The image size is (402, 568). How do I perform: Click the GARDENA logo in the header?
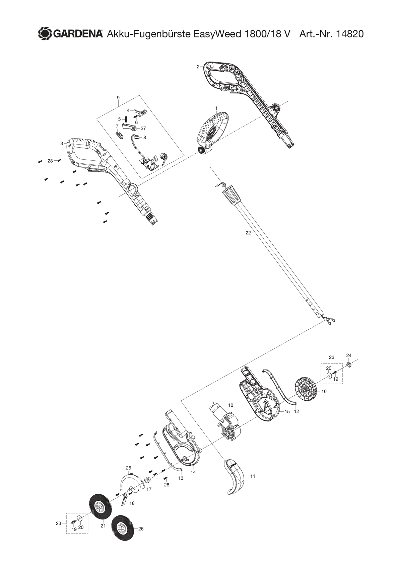(x=70, y=34)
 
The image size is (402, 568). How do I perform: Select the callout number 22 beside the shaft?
(x=248, y=233)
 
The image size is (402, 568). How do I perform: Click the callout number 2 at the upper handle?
(x=198, y=67)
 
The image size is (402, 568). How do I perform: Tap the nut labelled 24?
(x=348, y=364)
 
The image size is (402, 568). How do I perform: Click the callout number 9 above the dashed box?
(x=118, y=98)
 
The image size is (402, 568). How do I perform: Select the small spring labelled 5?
(x=125, y=119)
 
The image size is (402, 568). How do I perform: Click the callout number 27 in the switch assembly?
(x=143, y=128)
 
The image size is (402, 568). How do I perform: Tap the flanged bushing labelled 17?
(x=147, y=480)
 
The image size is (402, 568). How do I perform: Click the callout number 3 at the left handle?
(x=62, y=144)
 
